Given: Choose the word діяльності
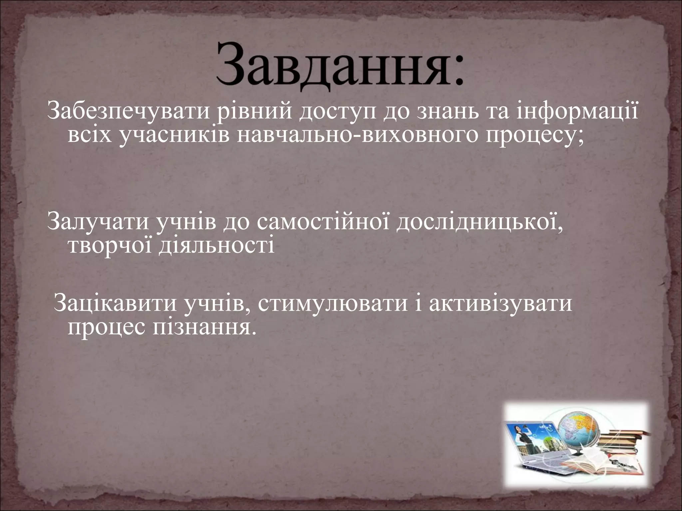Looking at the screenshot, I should click(216, 246).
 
